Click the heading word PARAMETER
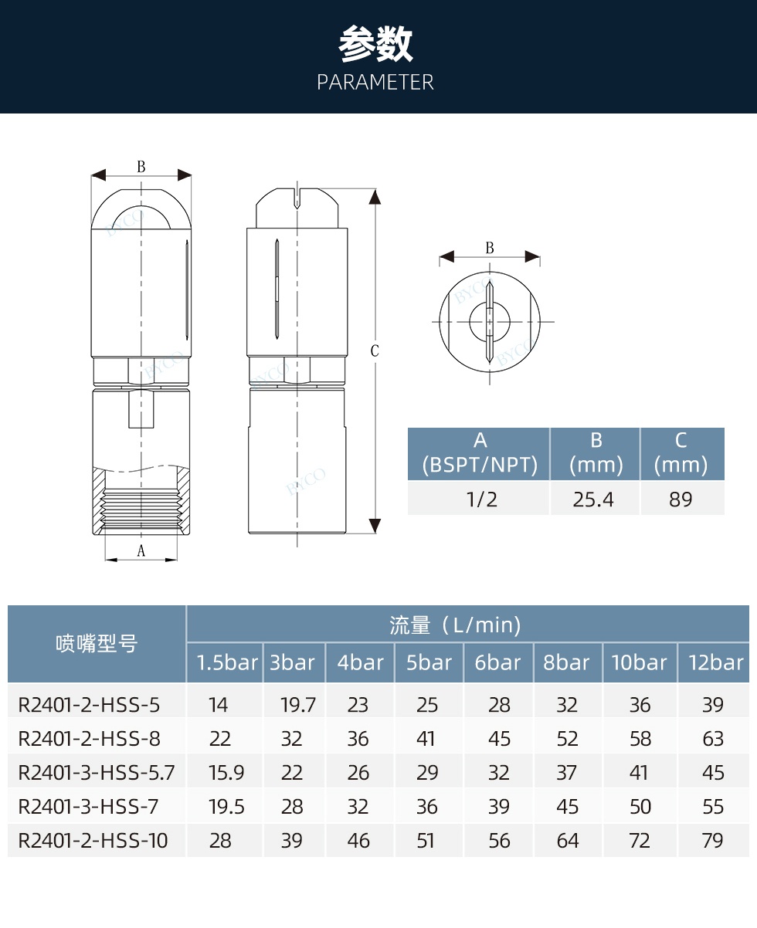tap(375, 83)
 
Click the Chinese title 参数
tap(376, 45)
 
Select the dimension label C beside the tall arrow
tap(375, 351)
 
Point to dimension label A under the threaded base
tap(141, 550)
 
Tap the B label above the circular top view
tap(490, 248)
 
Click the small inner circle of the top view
tap(490, 319)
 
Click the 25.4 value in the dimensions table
tap(593, 500)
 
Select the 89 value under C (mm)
tap(681, 500)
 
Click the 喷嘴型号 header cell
tap(97, 644)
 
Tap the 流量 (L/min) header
tap(455, 625)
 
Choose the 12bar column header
tap(715, 663)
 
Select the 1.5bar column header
tap(227, 663)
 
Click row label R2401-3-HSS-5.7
tap(97, 773)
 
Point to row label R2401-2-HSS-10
tap(93, 841)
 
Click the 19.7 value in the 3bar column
tap(298, 705)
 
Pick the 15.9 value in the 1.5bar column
tap(226, 773)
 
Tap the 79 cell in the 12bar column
tap(713, 841)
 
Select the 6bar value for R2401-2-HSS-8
tap(500, 739)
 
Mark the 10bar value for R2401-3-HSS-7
tap(640, 807)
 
